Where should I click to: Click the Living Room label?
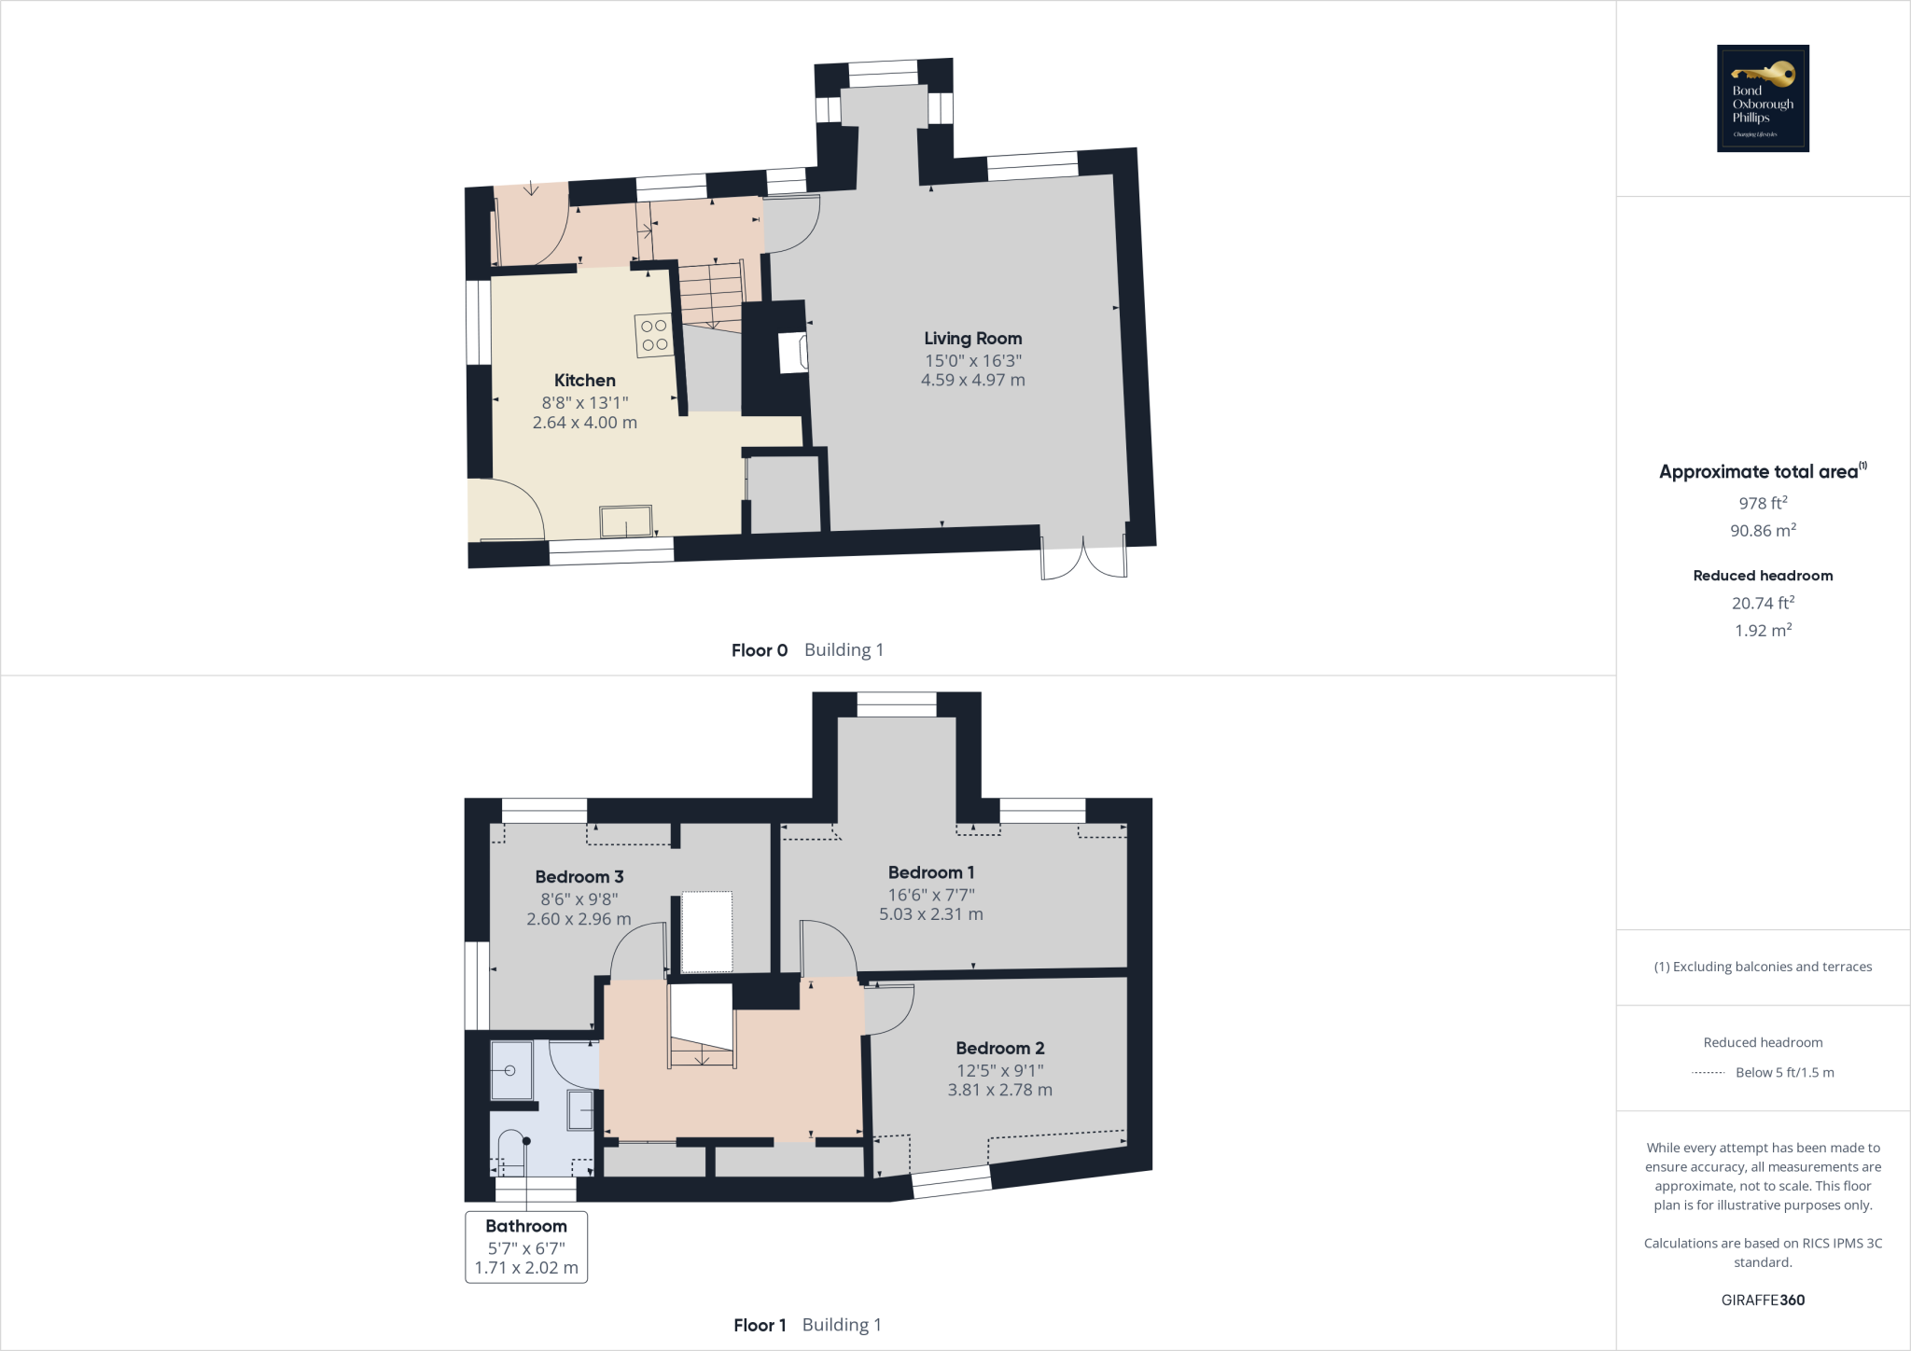[x=972, y=339]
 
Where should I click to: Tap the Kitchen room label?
[x=584, y=381]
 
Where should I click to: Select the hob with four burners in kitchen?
[x=654, y=336]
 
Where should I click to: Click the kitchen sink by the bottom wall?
[x=626, y=522]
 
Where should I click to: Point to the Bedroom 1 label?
[x=930, y=873]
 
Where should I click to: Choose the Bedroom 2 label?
[x=999, y=1049]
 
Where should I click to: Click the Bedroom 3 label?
[x=579, y=877]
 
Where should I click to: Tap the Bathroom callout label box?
[x=526, y=1247]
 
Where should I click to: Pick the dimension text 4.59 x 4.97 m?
[x=972, y=381]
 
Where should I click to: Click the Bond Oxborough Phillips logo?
[x=1763, y=98]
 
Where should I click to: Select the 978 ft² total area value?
[x=1763, y=503]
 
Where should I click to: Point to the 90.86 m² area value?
[x=1763, y=530]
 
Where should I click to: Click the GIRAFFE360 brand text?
[x=1763, y=1300]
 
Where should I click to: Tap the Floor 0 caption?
[x=760, y=650]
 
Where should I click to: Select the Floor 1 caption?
[x=760, y=1325]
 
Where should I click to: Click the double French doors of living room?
[x=1083, y=558]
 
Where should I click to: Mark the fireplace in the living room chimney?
[x=794, y=353]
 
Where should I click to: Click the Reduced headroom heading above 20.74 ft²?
[x=1763, y=576]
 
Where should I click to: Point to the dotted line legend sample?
[x=1708, y=1073]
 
